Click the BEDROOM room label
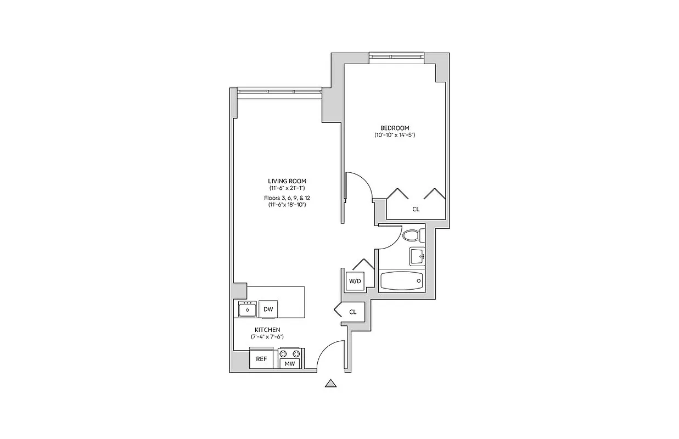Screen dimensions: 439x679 tap(395, 128)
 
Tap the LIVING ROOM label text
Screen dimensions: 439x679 tap(287, 181)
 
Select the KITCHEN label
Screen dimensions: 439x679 tap(267, 329)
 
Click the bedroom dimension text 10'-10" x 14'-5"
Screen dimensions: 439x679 tap(395, 135)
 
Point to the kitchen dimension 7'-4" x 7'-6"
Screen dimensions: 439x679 tap(267, 336)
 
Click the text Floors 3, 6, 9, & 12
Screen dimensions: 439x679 tap(287, 198)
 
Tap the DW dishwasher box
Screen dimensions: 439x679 tap(268, 309)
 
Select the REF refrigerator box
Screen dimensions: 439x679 tap(261, 359)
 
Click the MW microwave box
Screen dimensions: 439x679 tap(289, 363)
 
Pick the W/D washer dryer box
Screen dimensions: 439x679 tap(355, 282)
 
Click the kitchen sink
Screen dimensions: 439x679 tap(248, 309)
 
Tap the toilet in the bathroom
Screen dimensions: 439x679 tap(412, 235)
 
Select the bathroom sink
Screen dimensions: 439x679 tap(417, 255)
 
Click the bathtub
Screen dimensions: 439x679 tap(402, 281)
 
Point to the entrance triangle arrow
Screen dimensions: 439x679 tap(330, 384)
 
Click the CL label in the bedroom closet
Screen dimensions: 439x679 tap(416, 209)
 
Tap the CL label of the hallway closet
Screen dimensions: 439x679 tap(353, 312)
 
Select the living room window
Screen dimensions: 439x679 tap(279, 91)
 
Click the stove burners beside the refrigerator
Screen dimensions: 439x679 tap(289, 352)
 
